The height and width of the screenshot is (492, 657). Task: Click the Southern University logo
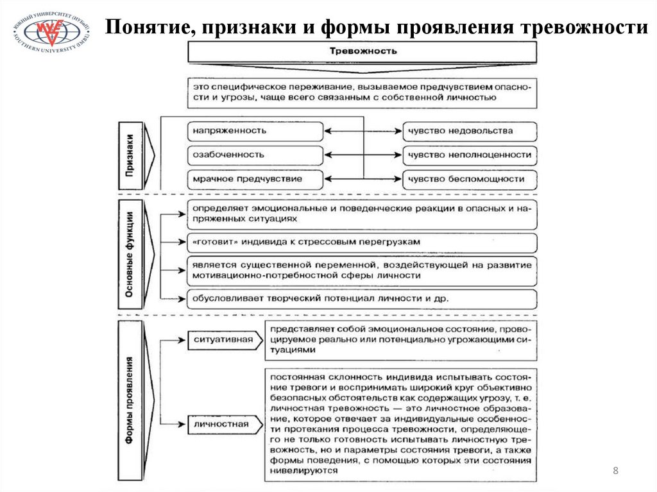point(51,33)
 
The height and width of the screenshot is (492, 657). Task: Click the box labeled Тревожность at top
point(363,51)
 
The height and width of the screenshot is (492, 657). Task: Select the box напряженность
point(255,131)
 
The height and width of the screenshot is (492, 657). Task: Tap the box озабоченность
point(255,155)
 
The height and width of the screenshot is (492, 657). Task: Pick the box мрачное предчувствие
point(255,179)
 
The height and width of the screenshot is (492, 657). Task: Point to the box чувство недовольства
point(470,131)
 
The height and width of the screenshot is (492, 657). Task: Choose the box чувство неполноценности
point(470,155)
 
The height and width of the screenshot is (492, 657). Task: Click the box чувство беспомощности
point(470,179)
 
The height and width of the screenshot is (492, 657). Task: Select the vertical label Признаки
point(130,155)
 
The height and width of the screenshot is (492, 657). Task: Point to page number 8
point(616,471)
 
